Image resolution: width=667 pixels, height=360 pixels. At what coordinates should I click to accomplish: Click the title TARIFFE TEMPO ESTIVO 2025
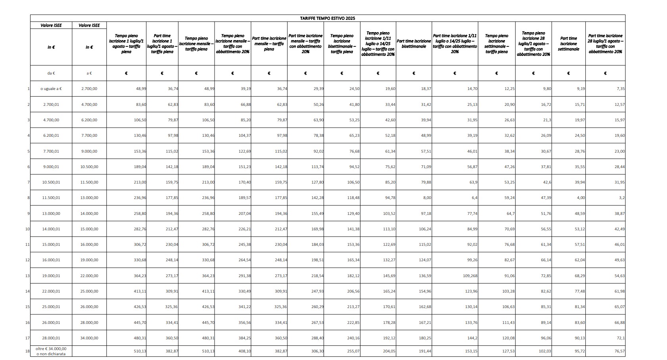coord(327,18)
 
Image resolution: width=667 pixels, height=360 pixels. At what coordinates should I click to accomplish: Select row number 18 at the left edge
coord(27,351)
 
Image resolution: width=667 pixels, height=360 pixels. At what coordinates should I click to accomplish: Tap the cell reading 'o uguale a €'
coord(51,89)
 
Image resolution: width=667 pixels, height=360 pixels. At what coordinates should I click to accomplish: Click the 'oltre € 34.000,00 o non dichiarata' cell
coord(51,351)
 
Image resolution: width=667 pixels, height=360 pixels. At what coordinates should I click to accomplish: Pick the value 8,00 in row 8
coord(427,198)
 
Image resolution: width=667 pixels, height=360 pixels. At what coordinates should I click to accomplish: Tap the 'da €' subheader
coord(51,73)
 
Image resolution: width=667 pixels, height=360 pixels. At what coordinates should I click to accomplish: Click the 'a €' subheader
coord(89,73)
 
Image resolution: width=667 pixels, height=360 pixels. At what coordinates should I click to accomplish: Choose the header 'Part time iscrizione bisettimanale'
coord(414,44)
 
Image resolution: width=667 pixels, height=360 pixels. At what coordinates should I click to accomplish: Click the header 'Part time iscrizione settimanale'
coord(568,44)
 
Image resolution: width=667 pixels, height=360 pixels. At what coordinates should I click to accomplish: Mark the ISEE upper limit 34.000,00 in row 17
coord(89,338)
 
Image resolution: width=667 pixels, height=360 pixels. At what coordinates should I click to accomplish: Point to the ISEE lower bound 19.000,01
coord(51,276)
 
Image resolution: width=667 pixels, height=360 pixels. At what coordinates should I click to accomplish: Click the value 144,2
coord(472,338)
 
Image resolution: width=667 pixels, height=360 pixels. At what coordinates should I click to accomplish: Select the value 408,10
coord(244,351)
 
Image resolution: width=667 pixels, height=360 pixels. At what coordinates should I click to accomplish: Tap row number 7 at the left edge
coord(29,182)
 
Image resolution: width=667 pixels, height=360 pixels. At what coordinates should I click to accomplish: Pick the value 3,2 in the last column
coord(622,198)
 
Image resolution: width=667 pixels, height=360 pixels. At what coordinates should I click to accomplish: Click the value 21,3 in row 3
coord(547,120)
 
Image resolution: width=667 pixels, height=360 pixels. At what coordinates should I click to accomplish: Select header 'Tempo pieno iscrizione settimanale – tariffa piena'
coord(496,44)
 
